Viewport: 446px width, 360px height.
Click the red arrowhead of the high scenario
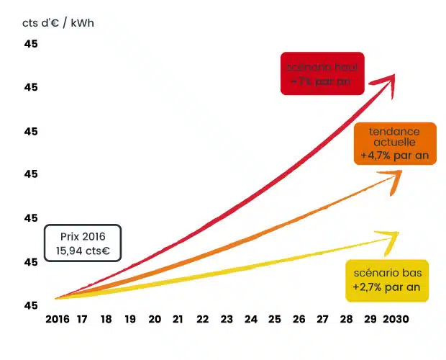click(388, 79)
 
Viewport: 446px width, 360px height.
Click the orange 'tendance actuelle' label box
click(395, 143)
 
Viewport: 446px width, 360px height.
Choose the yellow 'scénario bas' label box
click(387, 280)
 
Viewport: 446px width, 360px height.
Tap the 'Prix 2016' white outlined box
click(83, 243)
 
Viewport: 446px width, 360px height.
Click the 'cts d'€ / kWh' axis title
click(58, 23)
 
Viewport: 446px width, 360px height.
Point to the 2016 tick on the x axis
click(58, 319)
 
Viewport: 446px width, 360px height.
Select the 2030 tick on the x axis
click(396, 319)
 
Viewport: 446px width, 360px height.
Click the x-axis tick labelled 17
click(83, 319)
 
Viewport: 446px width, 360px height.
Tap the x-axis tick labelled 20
click(155, 319)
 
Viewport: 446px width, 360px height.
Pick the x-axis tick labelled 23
click(227, 319)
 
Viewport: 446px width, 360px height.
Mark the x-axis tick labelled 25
click(275, 319)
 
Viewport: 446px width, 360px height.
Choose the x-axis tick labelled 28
click(347, 319)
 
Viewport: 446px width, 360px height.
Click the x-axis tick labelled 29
click(370, 319)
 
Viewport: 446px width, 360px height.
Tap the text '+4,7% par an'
click(395, 156)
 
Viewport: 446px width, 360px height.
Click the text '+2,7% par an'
click(387, 287)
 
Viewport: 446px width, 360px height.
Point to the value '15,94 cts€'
click(83, 251)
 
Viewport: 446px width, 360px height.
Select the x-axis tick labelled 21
click(178, 319)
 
